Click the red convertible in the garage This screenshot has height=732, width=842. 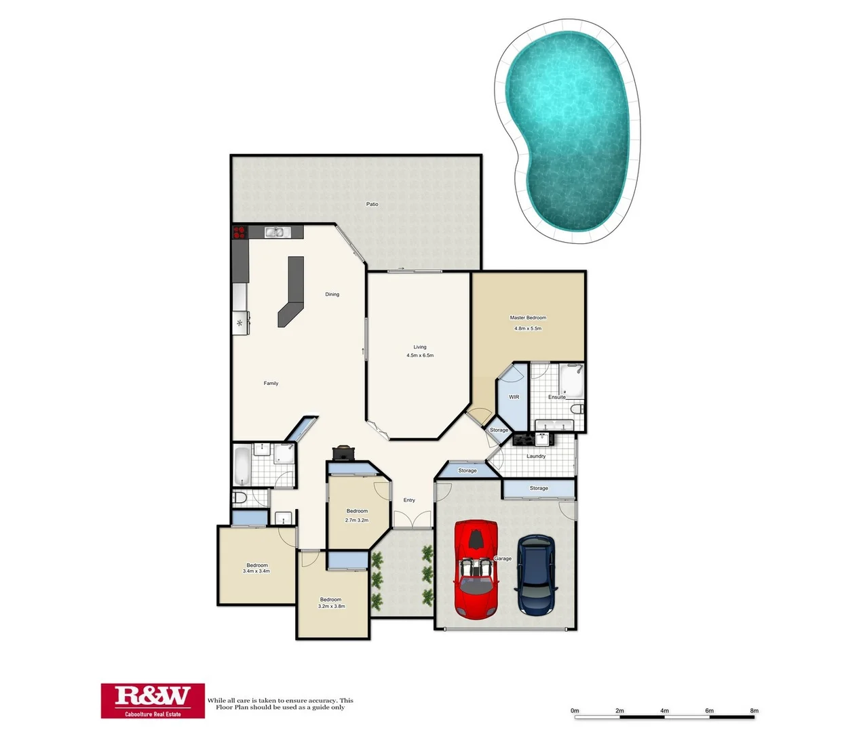pos(476,569)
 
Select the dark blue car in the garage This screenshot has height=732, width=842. pos(536,575)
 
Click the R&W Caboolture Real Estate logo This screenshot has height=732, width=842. pos(153,700)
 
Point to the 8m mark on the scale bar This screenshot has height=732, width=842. pos(754,711)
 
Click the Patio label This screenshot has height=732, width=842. pos(372,204)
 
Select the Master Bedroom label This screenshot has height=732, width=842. pos(528,317)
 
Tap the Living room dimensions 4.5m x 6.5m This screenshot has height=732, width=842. pos(420,355)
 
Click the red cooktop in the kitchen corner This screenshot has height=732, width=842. pos(239,232)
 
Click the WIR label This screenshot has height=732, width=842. pos(514,397)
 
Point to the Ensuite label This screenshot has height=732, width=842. pos(556,397)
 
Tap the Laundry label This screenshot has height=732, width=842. pos(535,456)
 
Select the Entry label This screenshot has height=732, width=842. pos(409,500)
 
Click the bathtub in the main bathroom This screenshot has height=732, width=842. pos(242,465)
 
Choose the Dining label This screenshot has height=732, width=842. pos(332,294)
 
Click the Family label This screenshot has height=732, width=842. pos(271,383)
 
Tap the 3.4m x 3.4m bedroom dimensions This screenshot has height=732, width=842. pos(256,571)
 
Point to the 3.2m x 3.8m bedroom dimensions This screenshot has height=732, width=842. pos(331,606)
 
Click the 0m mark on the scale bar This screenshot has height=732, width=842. pos(575,711)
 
